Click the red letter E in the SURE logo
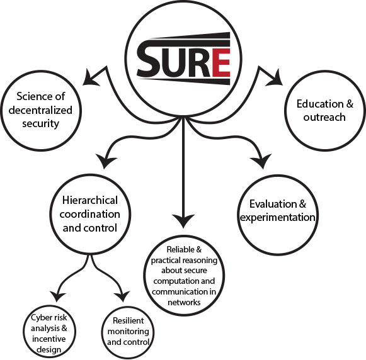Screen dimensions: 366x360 (221, 62)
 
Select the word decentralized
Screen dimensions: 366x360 (40, 110)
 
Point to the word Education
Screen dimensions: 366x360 (319, 104)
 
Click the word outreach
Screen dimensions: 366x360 (324, 117)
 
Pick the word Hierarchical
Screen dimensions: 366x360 (90, 200)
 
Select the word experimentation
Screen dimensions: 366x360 (278, 218)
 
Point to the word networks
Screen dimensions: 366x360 (184, 302)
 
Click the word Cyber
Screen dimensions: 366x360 (39, 317)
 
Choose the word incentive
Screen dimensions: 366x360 (49, 339)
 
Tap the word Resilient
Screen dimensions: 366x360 (128, 320)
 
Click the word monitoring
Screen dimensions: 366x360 (128, 331)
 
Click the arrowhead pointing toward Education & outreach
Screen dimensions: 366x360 (275, 78)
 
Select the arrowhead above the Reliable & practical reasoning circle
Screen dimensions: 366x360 (183, 220)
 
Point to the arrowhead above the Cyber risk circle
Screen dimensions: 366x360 (57, 296)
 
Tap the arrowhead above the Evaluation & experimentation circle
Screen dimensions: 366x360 (261, 161)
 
